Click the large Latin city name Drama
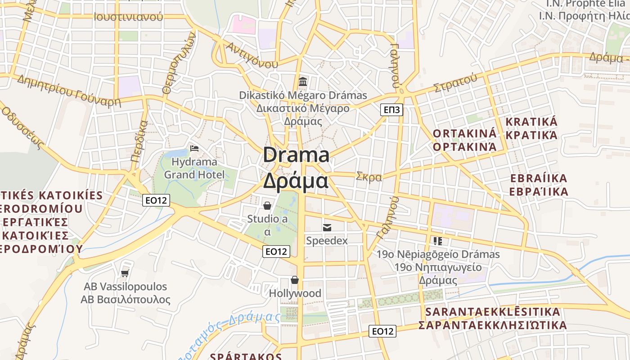[296, 155]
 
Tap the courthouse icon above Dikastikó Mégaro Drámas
[303, 82]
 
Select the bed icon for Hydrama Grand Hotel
[194, 148]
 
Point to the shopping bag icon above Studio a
[267, 206]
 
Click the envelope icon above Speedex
[327, 228]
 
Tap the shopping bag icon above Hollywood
[295, 280]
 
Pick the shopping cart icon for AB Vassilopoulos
[125, 273]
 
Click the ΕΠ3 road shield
[391, 110]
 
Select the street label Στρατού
[455, 83]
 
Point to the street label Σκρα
[369, 177]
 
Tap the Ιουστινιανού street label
[128, 17]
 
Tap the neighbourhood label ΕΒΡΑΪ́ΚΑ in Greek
[539, 192]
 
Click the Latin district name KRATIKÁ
[531, 122]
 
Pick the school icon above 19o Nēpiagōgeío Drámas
[438, 241]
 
